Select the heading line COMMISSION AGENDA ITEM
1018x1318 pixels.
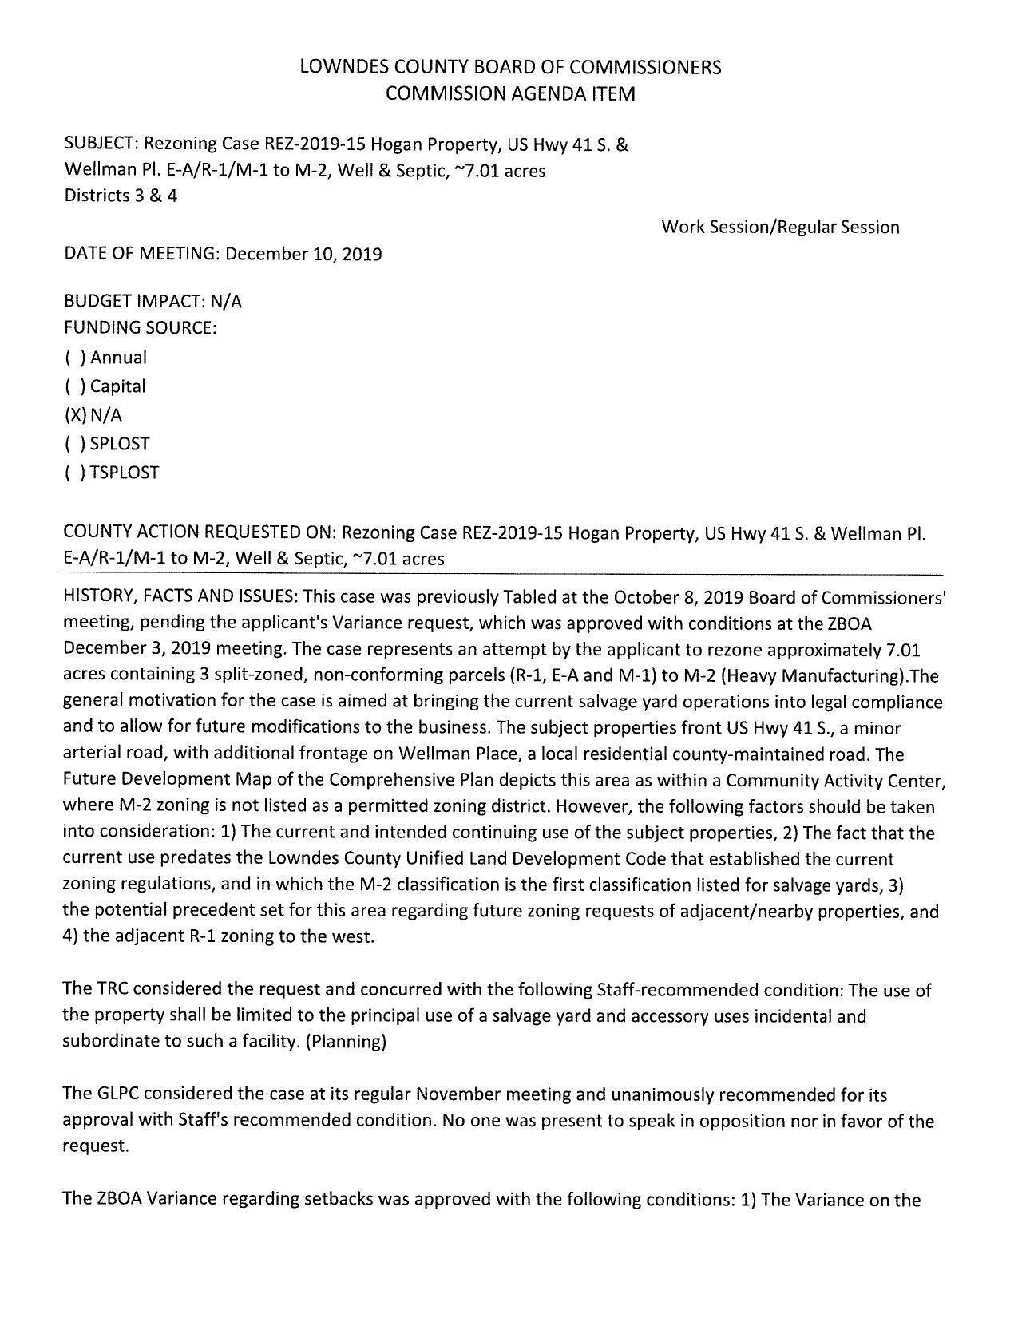pos(510,93)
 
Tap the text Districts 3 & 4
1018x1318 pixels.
pos(121,196)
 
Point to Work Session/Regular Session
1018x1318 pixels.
pos(780,227)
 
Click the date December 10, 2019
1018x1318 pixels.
pos(303,254)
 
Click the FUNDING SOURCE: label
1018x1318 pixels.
pos(140,327)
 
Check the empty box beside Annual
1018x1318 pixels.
pos(75,358)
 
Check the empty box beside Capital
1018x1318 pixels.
pos(75,386)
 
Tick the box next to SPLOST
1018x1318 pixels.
pos(75,444)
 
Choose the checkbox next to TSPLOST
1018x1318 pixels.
pos(75,473)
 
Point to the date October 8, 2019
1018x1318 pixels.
pos(671,597)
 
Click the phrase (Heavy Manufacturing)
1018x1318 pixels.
pos(826,675)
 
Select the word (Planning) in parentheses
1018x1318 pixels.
pos(347,1042)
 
